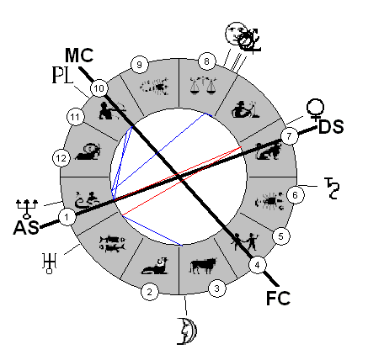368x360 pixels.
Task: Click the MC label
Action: tap(79, 56)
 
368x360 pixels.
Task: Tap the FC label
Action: tap(278, 298)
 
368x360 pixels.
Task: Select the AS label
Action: tap(26, 227)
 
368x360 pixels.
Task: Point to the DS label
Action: tap(331, 127)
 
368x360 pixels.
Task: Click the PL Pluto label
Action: tap(63, 75)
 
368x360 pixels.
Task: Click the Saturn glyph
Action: tap(332, 188)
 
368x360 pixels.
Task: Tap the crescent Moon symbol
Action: tap(187, 331)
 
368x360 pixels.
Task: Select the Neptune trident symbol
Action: tap(27, 209)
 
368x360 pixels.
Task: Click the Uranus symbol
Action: tap(50, 263)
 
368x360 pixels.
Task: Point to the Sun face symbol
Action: tap(235, 33)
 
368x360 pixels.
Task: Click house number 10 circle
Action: tap(99, 88)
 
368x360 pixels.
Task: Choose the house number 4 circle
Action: tap(258, 265)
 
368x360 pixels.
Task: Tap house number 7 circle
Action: tap(289, 136)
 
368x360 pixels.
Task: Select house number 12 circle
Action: tap(61, 158)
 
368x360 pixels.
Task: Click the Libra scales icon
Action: tap(204, 86)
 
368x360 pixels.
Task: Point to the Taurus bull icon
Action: tap(203, 266)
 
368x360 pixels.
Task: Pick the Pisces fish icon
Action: tap(112, 243)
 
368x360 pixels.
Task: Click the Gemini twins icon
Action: tap(244, 241)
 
